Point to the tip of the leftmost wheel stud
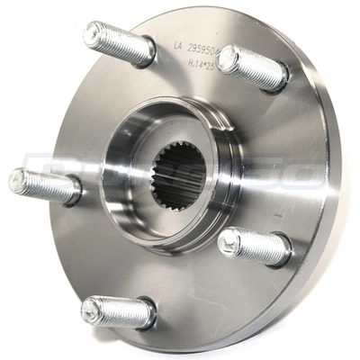18,179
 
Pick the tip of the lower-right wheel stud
229,240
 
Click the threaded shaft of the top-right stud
259,71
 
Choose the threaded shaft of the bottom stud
121,311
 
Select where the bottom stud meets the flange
148,315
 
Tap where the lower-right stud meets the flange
286,253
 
